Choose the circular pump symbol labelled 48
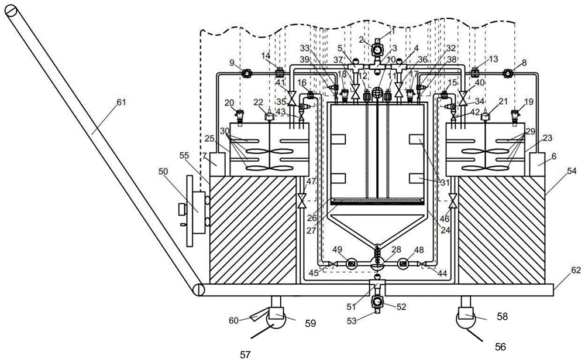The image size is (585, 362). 403,264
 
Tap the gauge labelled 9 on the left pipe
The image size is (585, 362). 246,73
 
